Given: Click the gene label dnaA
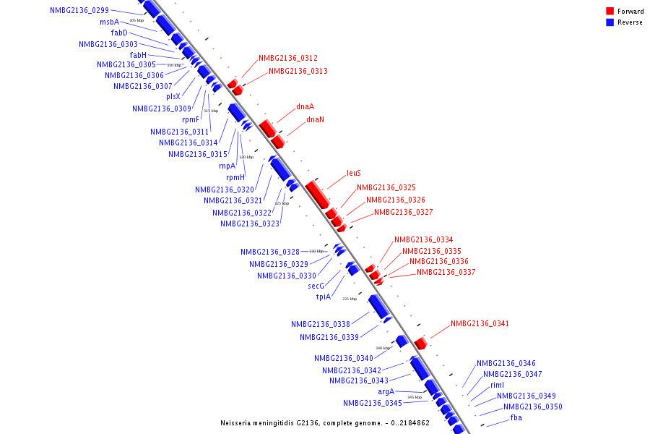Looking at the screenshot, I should point(305,107).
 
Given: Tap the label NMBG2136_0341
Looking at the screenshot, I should point(480,324).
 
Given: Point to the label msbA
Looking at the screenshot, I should point(110,22).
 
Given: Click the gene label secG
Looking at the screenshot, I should point(316,286).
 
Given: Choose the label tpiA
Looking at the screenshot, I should point(323,297).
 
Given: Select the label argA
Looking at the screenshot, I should point(386,391).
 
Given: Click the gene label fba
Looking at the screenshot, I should point(516,418).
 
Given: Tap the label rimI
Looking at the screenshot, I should point(497,386).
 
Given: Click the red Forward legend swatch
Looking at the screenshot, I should point(610,12).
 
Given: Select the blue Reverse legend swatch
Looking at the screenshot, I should point(610,22).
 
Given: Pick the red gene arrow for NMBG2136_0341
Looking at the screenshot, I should point(420,343).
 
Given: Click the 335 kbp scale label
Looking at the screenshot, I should point(350,299).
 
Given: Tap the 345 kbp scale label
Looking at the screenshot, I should point(415,397).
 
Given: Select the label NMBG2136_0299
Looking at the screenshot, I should point(79,11).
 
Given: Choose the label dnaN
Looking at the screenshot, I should point(315,120).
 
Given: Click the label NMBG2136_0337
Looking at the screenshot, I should point(446,273).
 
